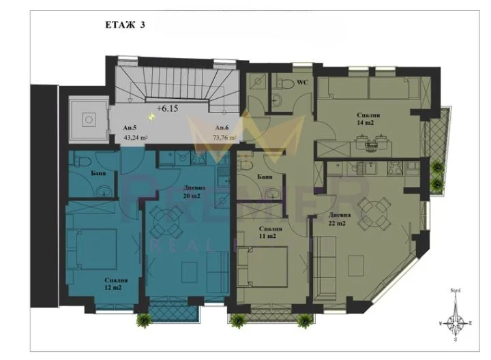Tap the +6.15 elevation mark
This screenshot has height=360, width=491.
tap(168, 108)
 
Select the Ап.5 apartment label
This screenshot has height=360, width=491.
tap(130, 127)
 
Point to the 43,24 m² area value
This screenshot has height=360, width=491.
tap(136, 136)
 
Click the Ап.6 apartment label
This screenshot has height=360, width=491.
tap(221, 127)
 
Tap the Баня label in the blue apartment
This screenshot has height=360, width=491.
tap(96, 174)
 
